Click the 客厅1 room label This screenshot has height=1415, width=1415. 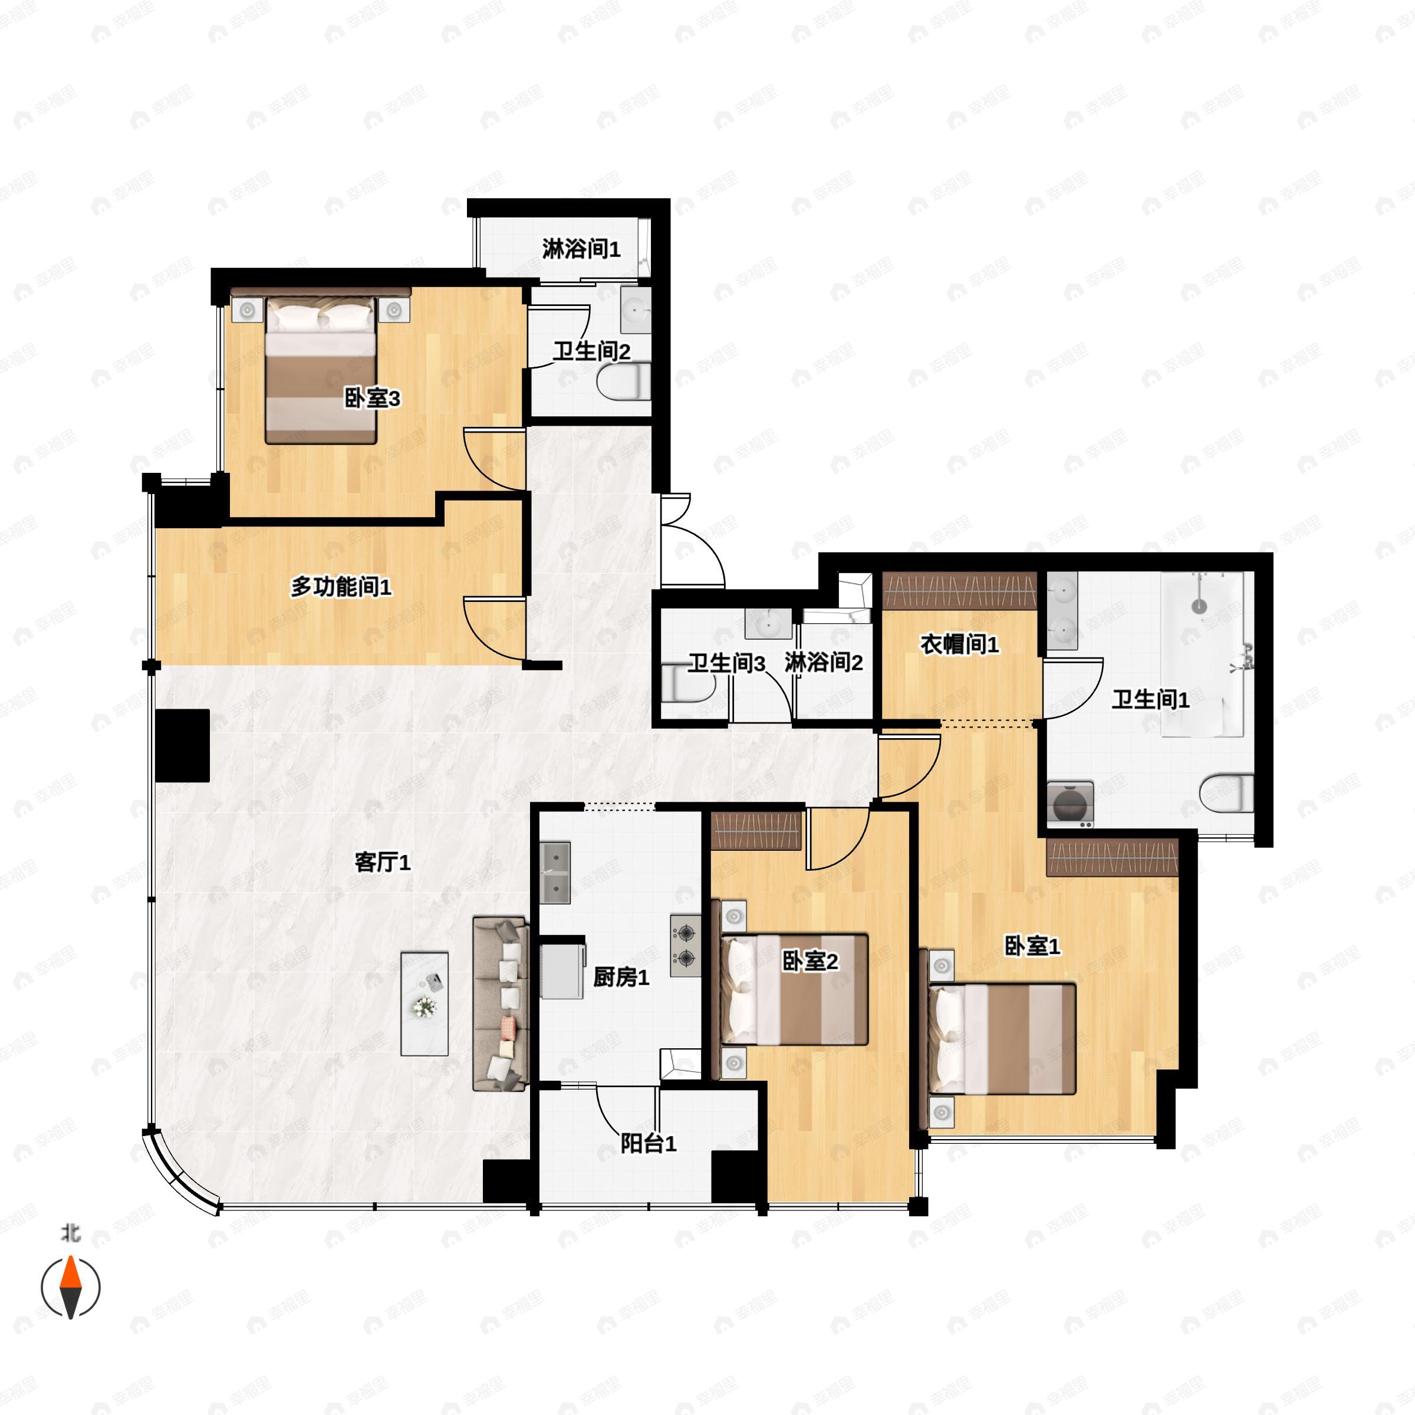point(382,862)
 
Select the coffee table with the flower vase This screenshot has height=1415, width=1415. point(424,1003)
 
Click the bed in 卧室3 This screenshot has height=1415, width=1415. point(321,370)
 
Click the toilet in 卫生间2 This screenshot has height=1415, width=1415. point(623,381)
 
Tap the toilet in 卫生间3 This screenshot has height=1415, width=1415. point(687,682)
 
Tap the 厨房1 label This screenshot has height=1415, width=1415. point(620,977)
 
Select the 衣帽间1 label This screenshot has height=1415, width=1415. point(959,644)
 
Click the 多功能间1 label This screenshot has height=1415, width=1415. point(341,587)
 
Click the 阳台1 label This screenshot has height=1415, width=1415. point(648,1143)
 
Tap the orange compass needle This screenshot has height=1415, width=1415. point(70,1272)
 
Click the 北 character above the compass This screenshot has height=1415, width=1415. point(70,1234)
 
